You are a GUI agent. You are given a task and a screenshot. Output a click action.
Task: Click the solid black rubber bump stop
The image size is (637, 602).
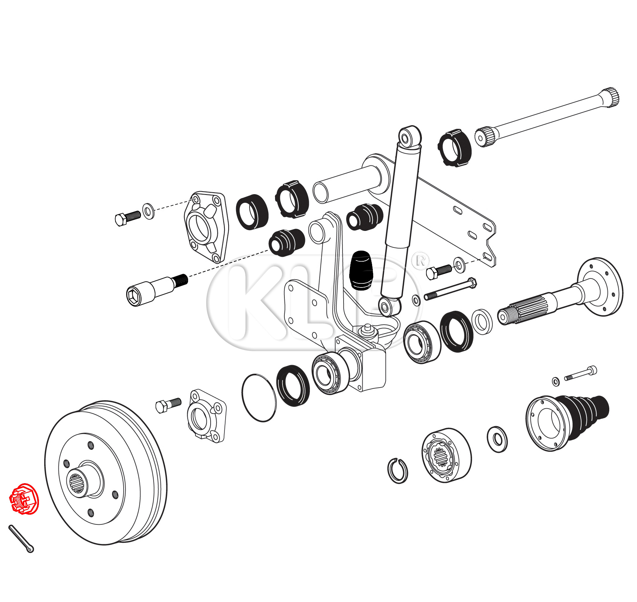click(x=360, y=270)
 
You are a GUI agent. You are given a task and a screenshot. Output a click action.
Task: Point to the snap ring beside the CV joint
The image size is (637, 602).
click(x=398, y=470)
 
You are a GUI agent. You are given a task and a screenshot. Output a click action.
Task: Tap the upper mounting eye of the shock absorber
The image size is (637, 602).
click(x=410, y=136)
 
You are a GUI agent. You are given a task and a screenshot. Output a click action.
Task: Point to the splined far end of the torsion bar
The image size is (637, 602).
click(x=610, y=97)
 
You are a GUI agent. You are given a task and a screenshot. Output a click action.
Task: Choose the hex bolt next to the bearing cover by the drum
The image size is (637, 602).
click(x=168, y=405)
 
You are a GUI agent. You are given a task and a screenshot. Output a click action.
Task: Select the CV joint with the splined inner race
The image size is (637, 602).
click(x=446, y=455)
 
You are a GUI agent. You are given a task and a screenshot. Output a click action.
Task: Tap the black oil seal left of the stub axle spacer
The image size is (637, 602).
click(x=456, y=332)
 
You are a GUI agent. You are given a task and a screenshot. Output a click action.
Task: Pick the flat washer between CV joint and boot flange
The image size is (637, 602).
click(x=497, y=439)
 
